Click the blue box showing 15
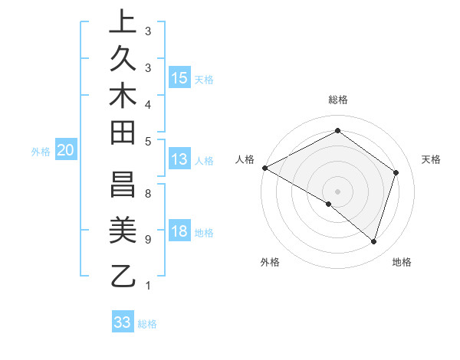pos(179,77)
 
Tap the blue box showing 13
pos(179,159)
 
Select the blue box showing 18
pos(179,232)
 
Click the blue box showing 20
pos(66,151)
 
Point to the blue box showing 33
pos(123,322)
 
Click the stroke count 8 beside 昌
pos(147,194)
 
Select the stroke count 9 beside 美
pos(147,240)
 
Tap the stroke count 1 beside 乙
pos(147,286)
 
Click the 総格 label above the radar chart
pos(337,100)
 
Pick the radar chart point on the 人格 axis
pos(264,168)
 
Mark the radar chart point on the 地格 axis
pos(373,241)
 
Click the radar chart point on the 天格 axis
pos(396,172)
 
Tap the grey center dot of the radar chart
pos(337,191)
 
